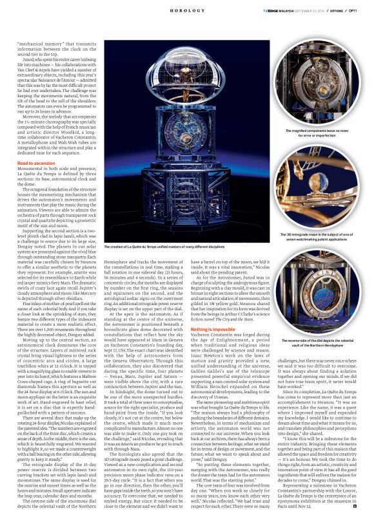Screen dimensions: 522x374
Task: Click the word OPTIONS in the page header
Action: pyautogui.click(x=338, y=11)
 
